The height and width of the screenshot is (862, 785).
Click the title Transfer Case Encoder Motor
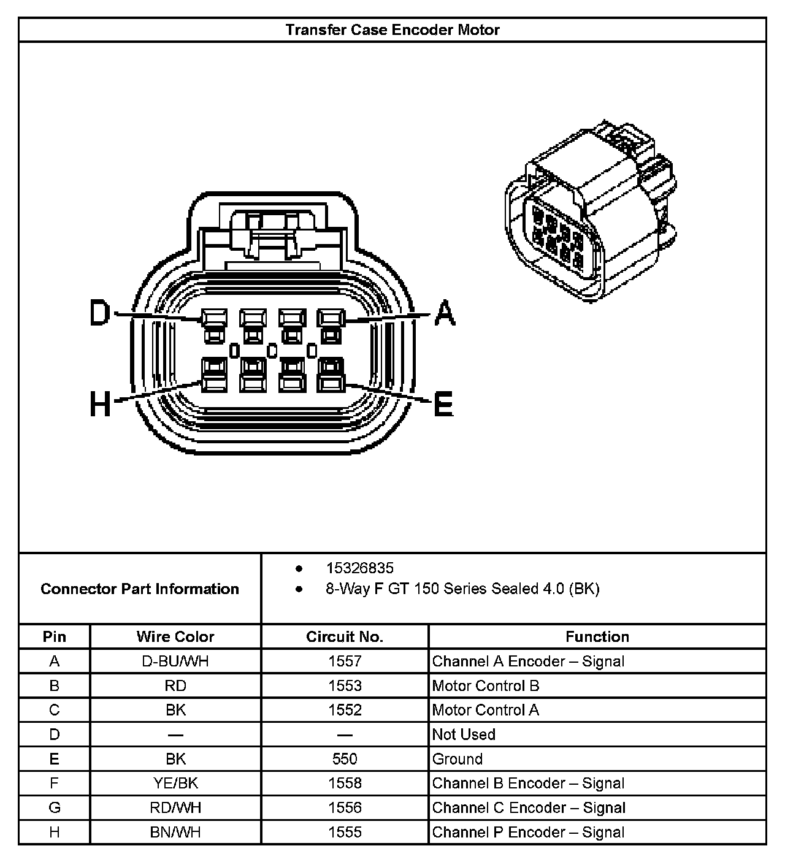(392, 30)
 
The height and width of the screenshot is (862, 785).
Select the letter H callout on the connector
(101, 405)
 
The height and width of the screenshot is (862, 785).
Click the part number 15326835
(360, 568)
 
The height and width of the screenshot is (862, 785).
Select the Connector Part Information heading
(140, 589)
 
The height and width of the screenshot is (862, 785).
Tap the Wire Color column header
(175, 637)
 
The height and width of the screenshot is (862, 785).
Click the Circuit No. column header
(345, 637)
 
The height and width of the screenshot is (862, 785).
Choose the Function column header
(597, 637)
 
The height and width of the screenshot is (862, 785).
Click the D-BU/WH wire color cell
(175, 662)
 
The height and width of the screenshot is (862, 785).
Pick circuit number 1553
(345, 686)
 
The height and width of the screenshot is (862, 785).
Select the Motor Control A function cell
(486, 710)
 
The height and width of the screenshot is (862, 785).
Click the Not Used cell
(464, 734)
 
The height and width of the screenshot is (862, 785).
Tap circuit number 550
(345, 759)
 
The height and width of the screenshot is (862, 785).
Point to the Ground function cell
(458, 759)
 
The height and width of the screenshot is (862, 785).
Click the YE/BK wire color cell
(175, 784)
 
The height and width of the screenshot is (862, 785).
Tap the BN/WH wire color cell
(175, 832)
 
